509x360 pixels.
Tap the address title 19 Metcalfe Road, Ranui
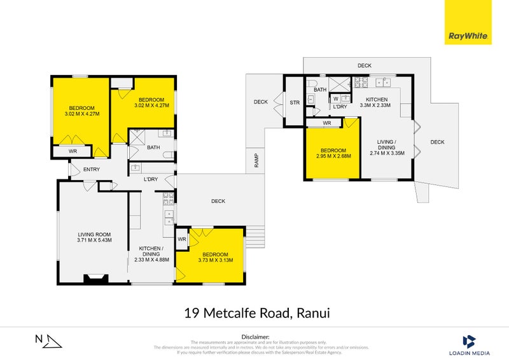(256, 312)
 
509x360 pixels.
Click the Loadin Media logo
(469, 344)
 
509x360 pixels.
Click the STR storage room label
(295, 102)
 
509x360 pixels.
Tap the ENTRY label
(92, 169)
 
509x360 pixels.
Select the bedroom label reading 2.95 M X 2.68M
(333, 153)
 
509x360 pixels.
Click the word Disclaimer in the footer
(256, 336)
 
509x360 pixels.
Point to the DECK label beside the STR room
(261, 102)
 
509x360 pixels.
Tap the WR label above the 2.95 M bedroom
(326, 123)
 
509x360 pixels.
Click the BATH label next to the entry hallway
(153, 148)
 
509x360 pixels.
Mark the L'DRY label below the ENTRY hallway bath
(151, 179)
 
